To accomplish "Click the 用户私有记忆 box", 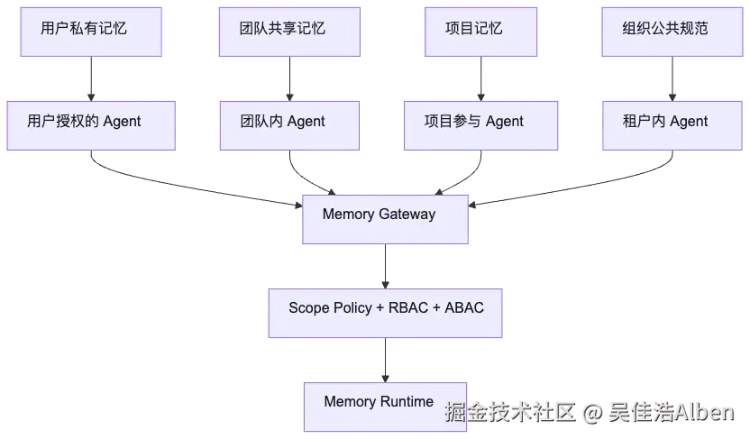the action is coord(91,32).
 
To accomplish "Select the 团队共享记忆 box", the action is coord(289,32).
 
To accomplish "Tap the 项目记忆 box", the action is coord(480,32).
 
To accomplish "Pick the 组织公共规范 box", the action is coord(672,32).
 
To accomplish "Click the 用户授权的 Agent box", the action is coord(91,125).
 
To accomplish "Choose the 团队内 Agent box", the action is coord(289,125).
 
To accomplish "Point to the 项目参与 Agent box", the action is coord(480,125).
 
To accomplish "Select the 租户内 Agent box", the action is coord(672,125).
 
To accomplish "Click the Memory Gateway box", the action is coord(385,219).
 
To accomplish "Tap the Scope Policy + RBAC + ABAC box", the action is coord(385,313).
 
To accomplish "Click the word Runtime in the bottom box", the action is coord(407,401).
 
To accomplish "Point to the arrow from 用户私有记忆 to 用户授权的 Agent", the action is coord(91,79).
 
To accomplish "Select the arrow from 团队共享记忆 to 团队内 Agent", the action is coord(289,79).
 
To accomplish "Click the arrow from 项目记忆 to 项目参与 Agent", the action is coord(480,79).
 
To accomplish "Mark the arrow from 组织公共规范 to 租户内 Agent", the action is coord(672,79).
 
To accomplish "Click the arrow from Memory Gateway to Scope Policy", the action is coord(385,266).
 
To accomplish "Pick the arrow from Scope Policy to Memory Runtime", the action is coord(385,360).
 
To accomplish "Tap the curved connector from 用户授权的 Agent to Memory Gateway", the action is coord(182,186).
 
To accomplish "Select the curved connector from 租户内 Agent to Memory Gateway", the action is coord(583,186).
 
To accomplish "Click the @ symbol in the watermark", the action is coord(592,412).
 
